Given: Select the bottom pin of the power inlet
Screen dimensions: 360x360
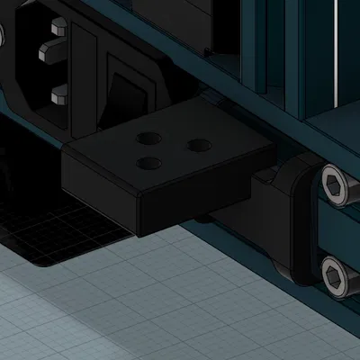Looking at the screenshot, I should click(x=57, y=93).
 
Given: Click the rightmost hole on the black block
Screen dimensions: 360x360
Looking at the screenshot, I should click(x=198, y=143).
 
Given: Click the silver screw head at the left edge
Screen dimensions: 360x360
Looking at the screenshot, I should click(x=2, y=36).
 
